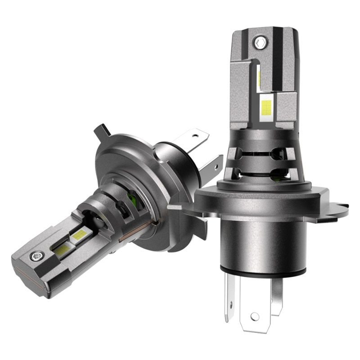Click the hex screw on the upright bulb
pos(258,43)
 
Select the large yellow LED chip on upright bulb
pos(266,107)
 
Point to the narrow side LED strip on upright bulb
pos(259,77)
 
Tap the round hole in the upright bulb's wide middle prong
pos(255,316)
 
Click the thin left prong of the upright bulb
pos(229,297)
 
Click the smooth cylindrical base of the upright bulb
pos(261,243)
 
